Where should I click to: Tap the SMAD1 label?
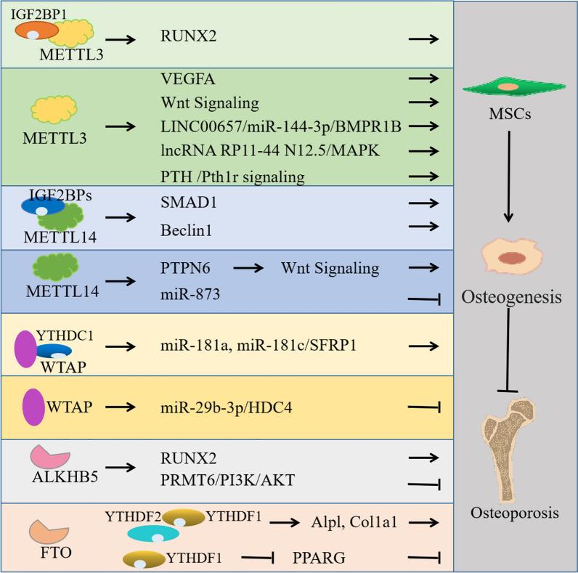[182, 205]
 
